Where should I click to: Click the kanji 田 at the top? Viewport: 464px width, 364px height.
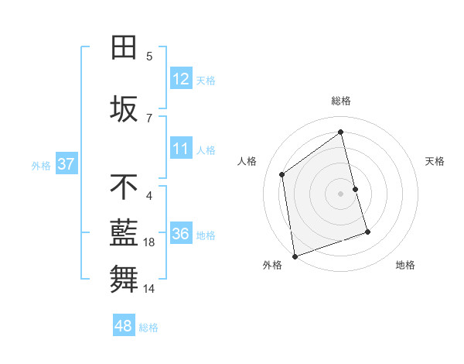click(x=125, y=48)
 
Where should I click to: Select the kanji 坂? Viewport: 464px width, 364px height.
click(x=125, y=110)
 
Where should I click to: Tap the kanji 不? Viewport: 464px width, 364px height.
click(x=125, y=187)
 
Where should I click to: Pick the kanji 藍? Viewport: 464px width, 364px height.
click(x=125, y=235)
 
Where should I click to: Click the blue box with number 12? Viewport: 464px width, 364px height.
click(x=181, y=79)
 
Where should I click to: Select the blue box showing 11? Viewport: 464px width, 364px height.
click(x=181, y=149)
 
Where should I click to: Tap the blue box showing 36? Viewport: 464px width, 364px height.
click(x=181, y=234)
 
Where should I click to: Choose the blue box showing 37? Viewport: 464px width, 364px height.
click(x=66, y=164)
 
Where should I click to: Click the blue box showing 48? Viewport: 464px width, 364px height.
click(x=124, y=326)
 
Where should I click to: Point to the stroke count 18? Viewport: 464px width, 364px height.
click(x=149, y=242)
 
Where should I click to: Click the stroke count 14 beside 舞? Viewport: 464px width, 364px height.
click(x=149, y=289)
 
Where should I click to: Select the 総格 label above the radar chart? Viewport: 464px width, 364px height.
click(x=341, y=101)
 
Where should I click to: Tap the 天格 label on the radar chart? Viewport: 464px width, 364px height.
click(x=435, y=161)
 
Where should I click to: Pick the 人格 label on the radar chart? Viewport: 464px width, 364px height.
click(x=247, y=161)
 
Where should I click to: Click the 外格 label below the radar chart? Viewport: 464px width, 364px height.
click(x=272, y=265)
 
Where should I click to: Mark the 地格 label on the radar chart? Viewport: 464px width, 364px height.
click(x=405, y=265)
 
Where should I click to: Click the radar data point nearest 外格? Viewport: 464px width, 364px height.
click(x=294, y=256)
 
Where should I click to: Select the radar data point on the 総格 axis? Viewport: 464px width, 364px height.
click(x=341, y=132)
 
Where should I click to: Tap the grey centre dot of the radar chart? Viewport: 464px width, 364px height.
click(x=341, y=193)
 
